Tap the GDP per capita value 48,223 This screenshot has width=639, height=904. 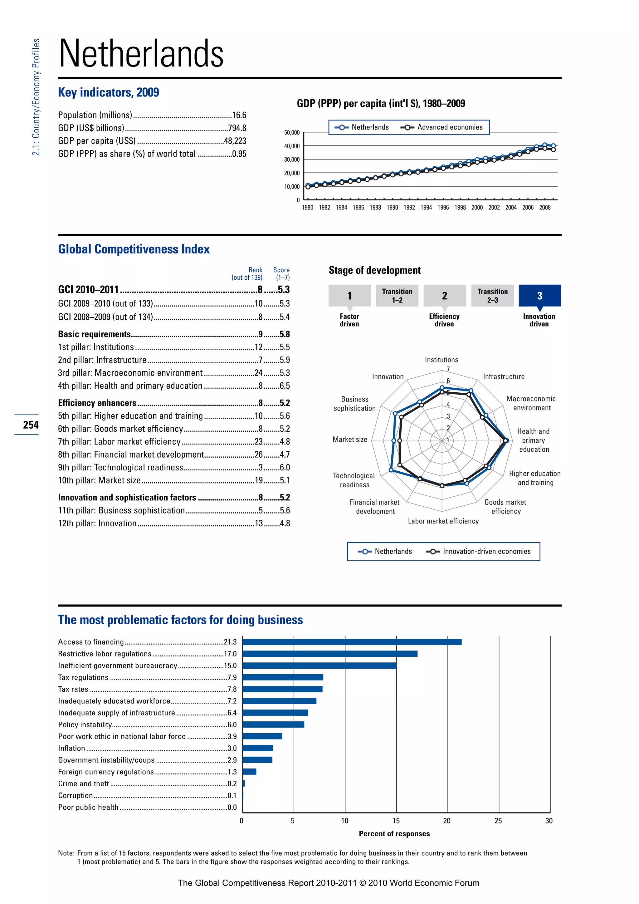[235, 141]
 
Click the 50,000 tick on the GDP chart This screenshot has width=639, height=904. [291, 133]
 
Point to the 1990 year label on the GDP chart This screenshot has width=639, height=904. [392, 208]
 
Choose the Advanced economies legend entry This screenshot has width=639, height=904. [441, 127]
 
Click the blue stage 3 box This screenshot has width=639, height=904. [539, 296]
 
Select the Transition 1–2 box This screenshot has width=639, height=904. [397, 296]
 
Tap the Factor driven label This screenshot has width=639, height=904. [349, 320]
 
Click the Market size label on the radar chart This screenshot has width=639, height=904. [350, 440]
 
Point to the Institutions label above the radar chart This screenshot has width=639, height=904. [441, 360]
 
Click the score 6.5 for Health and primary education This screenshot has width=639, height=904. [285, 386]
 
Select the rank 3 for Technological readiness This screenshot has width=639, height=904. [261, 467]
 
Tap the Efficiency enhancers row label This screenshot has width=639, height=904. [97, 403]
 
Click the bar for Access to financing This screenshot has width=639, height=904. [352, 642]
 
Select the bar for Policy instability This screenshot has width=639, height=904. [273, 725]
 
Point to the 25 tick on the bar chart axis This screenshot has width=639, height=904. [498, 821]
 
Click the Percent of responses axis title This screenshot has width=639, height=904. [394, 833]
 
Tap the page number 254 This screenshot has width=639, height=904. [31, 425]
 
